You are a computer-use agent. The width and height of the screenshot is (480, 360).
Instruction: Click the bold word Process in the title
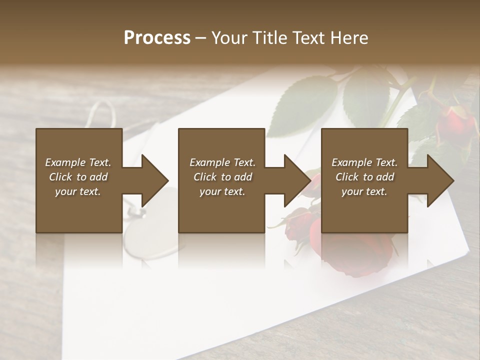tap(157, 37)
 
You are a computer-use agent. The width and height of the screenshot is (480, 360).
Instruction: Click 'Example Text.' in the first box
tap(78, 162)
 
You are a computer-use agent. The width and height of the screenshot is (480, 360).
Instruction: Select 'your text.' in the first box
tap(78, 191)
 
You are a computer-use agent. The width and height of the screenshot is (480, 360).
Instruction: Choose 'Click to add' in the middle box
tap(222, 177)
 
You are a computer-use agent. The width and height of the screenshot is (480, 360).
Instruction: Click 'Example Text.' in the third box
tap(364, 162)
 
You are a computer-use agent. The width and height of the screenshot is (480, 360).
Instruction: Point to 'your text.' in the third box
tap(364, 191)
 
